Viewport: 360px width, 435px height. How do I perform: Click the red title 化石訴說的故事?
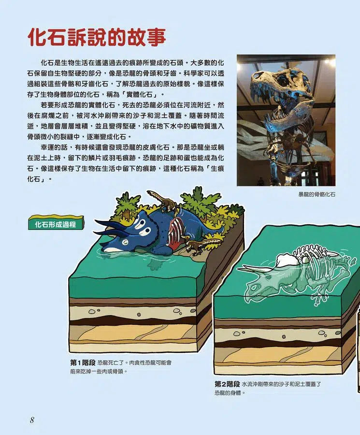97,37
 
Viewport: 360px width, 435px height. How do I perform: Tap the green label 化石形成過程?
56,224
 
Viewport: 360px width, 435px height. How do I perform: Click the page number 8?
32,420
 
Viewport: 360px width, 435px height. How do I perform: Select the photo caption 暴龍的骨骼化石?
317,194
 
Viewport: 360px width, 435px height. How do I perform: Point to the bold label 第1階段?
83,362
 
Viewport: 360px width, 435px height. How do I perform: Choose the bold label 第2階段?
227,384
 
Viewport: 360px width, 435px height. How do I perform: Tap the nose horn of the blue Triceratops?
106,242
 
